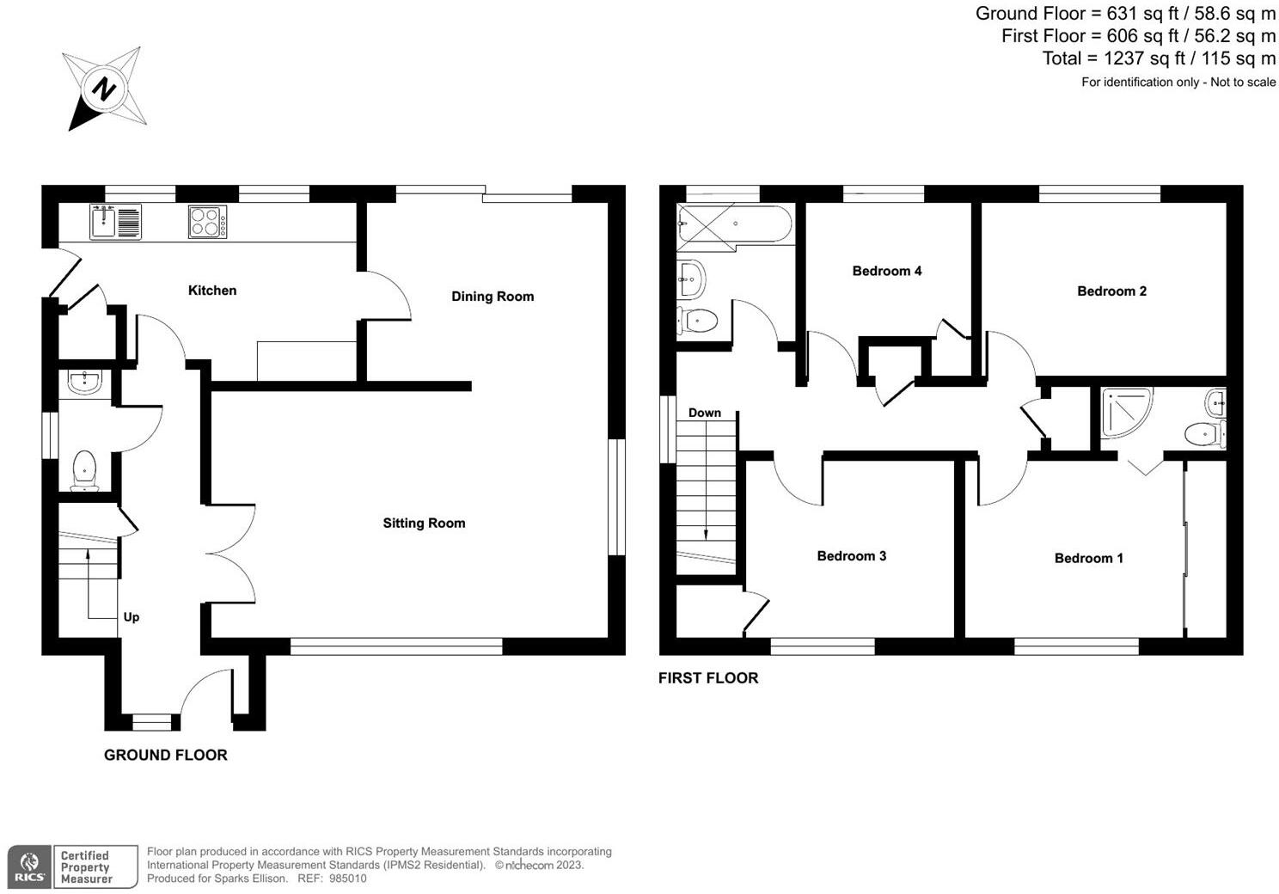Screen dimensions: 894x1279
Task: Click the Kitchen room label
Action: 211,291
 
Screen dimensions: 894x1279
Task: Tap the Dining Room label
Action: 493,297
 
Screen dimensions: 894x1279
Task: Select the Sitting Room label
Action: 424,523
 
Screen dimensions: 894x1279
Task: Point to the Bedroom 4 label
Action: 886,271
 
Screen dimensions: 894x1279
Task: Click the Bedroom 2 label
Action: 1111,291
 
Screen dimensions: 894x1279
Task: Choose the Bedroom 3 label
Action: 851,556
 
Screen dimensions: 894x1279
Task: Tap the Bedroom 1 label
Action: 1088,559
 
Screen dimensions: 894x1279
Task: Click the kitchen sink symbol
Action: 114,222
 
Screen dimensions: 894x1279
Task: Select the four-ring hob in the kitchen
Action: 207,223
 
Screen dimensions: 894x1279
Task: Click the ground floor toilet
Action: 84,471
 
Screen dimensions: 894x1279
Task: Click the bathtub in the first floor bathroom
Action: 735,224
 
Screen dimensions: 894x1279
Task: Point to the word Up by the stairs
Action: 132,617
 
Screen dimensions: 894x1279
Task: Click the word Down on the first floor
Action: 704,413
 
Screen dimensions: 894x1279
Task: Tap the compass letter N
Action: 104,89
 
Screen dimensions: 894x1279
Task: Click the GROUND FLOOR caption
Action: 165,755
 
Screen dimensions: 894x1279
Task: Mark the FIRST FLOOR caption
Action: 707,678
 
